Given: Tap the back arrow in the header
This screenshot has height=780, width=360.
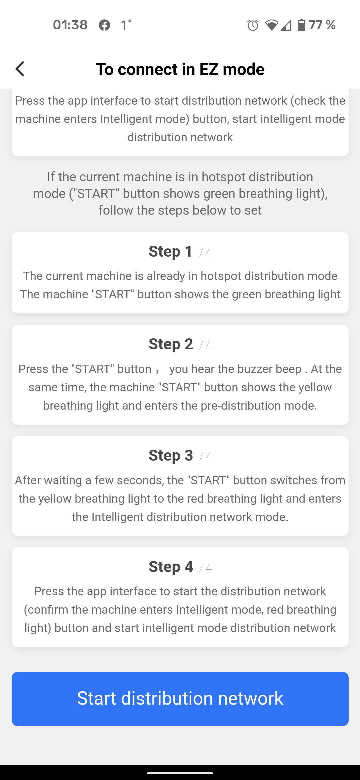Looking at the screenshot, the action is (20, 69).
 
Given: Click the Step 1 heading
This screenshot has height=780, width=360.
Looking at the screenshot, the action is (171, 251).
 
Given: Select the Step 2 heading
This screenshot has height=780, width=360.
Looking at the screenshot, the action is (171, 344).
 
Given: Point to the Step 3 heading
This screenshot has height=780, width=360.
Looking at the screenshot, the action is (171, 455).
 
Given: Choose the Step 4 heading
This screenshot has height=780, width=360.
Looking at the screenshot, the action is (171, 567).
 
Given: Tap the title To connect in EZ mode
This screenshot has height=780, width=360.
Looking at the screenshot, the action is (180, 69).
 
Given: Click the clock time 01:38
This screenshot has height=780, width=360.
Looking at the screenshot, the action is (70, 25).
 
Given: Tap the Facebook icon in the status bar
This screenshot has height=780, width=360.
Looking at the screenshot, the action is (104, 25).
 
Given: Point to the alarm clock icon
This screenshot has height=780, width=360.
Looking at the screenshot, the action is (253, 25).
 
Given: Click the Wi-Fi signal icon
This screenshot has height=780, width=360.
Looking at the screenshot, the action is (271, 25).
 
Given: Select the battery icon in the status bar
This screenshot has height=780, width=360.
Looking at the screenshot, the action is (301, 25).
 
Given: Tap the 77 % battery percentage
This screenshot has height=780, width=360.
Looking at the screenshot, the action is (322, 25).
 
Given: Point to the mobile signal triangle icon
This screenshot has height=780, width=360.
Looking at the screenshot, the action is (286, 25).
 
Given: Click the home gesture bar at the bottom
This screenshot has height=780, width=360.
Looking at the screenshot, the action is (180, 773).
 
